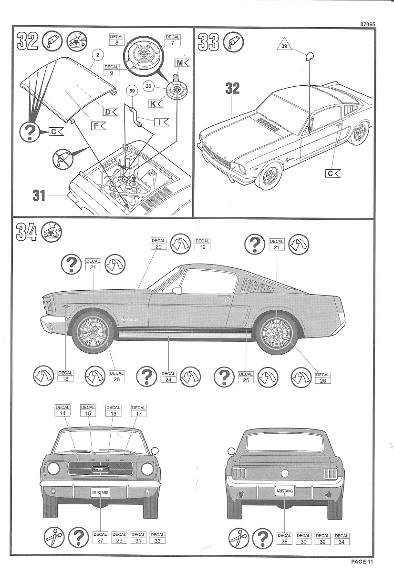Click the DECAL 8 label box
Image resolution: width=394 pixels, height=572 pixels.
point(117,40)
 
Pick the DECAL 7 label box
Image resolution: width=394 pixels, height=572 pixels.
point(173,40)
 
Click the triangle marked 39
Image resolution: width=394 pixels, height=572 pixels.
point(285,45)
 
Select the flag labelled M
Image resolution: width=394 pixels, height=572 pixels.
point(182,62)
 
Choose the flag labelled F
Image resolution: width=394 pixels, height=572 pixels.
point(98,126)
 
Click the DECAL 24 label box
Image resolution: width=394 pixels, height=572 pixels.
point(169,377)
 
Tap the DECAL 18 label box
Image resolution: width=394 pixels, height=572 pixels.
point(65,376)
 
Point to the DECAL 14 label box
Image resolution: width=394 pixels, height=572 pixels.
point(62,410)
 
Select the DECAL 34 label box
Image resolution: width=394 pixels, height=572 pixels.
point(342,539)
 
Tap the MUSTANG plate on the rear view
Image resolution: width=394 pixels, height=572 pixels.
point(285,490)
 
